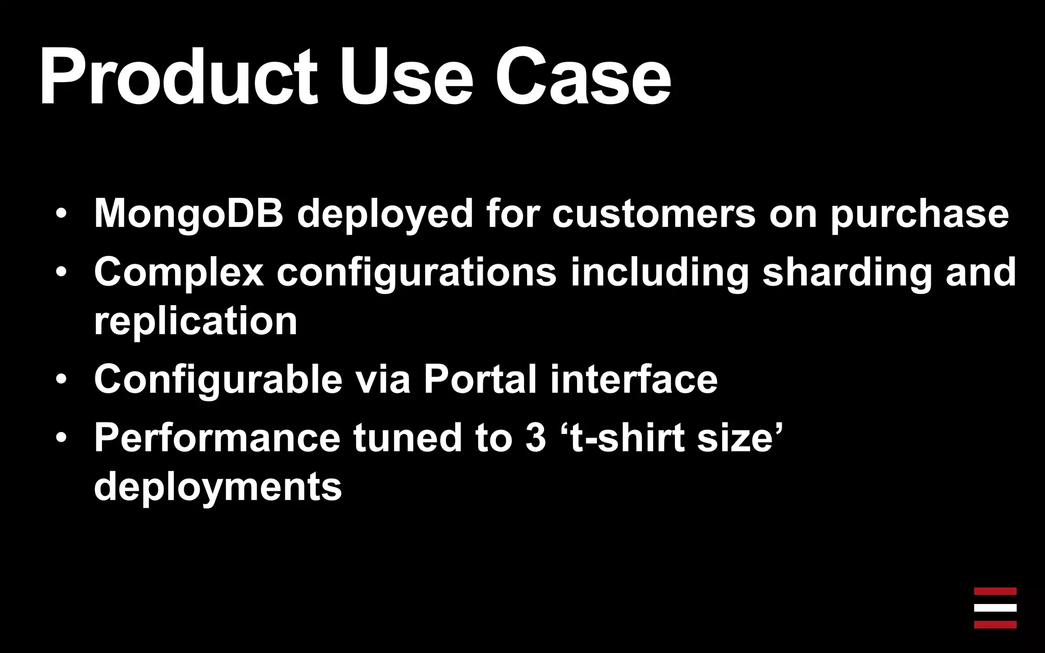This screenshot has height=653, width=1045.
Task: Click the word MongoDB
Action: pos(188,213)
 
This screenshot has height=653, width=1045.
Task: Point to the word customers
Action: pos(654,213)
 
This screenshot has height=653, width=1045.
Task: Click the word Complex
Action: pos(179,272)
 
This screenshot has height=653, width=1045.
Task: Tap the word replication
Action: pos(195,321)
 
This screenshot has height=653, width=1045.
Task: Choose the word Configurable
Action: pos(218,380)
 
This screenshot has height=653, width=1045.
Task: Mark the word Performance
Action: pos(217,438)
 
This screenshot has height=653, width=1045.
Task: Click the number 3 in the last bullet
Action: pos(535,438)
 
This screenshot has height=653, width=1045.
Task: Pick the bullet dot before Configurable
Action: pos(61,381)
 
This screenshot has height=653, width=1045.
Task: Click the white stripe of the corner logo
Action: pos(995,608)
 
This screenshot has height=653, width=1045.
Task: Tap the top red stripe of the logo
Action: pos(995,591)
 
